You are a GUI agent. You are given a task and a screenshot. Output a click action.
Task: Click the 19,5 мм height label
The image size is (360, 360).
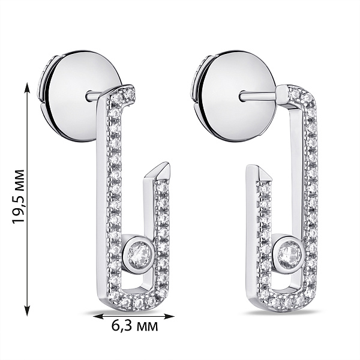tap(19, 197)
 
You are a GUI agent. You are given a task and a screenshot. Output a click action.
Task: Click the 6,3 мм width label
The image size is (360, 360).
tap(135, 326)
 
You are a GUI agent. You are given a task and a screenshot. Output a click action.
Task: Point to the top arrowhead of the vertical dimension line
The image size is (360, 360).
tap(28, 87)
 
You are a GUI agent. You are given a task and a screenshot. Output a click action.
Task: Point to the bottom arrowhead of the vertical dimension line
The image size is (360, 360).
tap(28, 311)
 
